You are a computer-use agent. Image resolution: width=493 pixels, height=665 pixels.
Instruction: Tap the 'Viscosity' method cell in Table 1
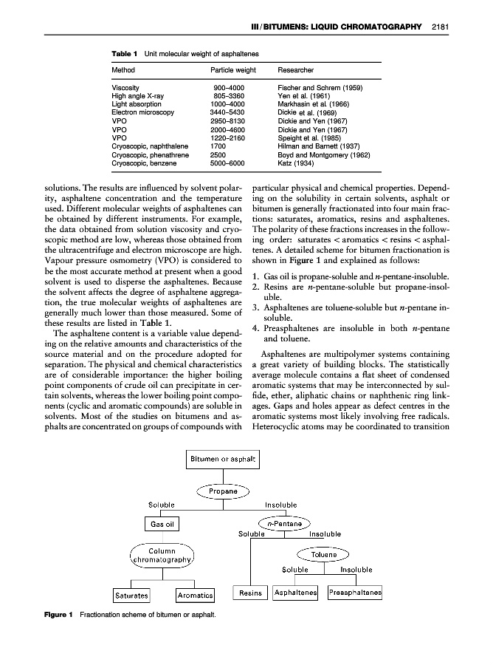tap(125, 88)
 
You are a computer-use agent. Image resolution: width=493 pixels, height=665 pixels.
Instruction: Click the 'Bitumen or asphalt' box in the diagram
tap(223, 460)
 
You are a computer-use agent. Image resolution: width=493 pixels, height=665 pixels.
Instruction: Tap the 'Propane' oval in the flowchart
tap(223, 491)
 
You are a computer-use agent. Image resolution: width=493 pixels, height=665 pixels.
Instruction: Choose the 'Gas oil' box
tap(162, 524)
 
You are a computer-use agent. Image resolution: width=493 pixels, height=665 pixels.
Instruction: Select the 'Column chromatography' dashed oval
tap(162, 555)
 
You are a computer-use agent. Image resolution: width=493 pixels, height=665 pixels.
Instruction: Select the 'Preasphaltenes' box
tap(356, 593)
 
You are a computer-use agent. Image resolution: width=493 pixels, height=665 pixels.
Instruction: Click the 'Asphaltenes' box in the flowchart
tap(295, 593)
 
